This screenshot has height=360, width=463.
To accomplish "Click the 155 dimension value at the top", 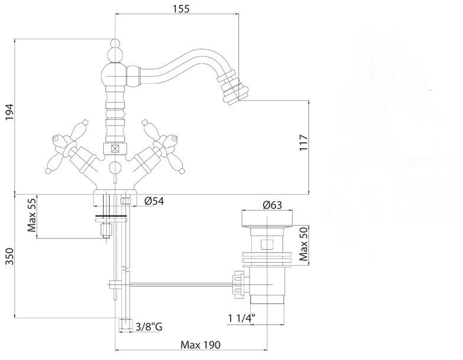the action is (181, 9).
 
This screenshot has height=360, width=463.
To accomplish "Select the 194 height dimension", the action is (10, 112).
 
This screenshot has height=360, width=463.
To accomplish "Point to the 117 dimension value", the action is (304, 143).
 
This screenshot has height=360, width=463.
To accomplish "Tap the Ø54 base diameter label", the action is (154, 201).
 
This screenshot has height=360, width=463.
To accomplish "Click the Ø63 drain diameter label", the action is (272, 205).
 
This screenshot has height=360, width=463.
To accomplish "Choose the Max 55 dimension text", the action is (32, 215).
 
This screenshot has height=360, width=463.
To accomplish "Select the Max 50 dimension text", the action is (304, 244).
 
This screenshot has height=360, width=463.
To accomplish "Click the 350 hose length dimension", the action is (10, 257).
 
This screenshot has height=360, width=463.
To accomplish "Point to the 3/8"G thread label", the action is (149, 327).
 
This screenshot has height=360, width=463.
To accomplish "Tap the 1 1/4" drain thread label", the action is (242, 318).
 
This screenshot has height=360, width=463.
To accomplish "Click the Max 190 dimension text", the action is (201, 345).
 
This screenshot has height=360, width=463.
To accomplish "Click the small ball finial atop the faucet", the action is (115, 43).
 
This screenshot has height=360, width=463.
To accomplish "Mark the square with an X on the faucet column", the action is (115, 148).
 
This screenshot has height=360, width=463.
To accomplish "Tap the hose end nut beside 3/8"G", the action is (125, 325).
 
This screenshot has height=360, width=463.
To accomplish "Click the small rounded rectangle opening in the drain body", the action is (267, 245).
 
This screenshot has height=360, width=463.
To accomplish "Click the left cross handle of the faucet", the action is (69, 147).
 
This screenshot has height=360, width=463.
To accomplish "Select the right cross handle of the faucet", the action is (161, 147).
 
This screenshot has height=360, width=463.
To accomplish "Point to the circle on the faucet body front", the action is (115, 168).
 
